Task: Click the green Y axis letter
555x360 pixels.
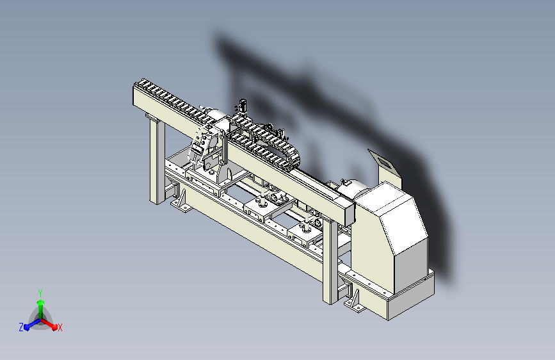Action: click(x=40, y=293)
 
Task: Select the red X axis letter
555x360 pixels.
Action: click(x=60, y=327)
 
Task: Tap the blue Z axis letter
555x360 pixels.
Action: click(x=21, y=327)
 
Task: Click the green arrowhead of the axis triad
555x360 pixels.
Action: click(x=41, y=302)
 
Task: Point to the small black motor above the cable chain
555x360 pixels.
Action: click(x=243, y=105)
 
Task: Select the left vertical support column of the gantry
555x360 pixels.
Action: click(x=157, y=160)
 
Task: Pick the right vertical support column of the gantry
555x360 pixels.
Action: click(x=330, y=261)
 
